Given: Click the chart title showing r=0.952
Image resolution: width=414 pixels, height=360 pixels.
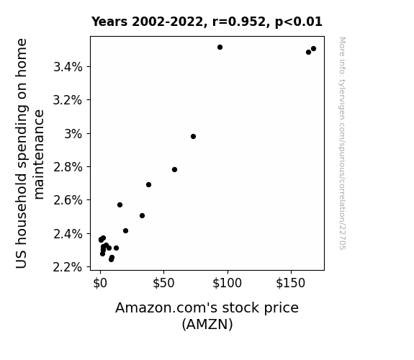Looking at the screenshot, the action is click(x=207, y=22).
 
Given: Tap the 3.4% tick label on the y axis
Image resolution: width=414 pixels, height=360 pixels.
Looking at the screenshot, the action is click(x=68, y=67).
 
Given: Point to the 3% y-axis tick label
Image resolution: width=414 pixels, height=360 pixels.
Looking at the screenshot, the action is click(x=73, y=134).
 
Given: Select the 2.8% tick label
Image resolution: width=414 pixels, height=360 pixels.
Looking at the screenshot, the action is click(x=68, y=167).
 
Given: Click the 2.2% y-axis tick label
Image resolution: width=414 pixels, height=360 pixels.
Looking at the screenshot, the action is click(x=68, y=267).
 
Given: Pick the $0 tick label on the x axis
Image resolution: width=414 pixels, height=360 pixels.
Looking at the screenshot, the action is click(x=100, y=283).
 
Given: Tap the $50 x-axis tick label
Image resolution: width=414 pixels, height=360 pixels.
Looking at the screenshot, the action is click(x=163, y=283).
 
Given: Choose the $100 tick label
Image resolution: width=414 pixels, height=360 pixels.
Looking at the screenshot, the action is click(x=228, y=283).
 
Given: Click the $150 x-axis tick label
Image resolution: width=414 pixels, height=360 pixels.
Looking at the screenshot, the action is click(x=291, y=283).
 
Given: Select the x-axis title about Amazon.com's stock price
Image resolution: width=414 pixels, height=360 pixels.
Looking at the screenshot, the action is click(x=207, y=316).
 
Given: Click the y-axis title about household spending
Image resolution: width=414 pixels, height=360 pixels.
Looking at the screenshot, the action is click(x=30, y=153).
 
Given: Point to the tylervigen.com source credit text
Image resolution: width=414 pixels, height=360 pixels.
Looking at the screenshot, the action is click(x=342, y=143).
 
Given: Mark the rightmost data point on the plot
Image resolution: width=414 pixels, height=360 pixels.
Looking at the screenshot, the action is click(x=313, y=48).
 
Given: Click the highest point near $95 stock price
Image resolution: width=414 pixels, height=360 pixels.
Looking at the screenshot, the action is click(x=220, y=48).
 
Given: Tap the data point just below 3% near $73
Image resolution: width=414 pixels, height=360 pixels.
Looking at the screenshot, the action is click(x=193, y=137).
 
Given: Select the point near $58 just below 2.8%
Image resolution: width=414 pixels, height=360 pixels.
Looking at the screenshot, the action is click(x=174, y=170).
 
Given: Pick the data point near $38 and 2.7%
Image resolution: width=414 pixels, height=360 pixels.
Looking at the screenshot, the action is click(x=148, y=184).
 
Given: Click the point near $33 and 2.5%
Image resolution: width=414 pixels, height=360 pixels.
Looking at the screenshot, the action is click(x=142, y=216).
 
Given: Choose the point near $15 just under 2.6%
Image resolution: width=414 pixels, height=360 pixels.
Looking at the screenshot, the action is click(x=120, y=205).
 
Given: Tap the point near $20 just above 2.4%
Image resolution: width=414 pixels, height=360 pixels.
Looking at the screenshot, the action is click(x=126, y=231).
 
